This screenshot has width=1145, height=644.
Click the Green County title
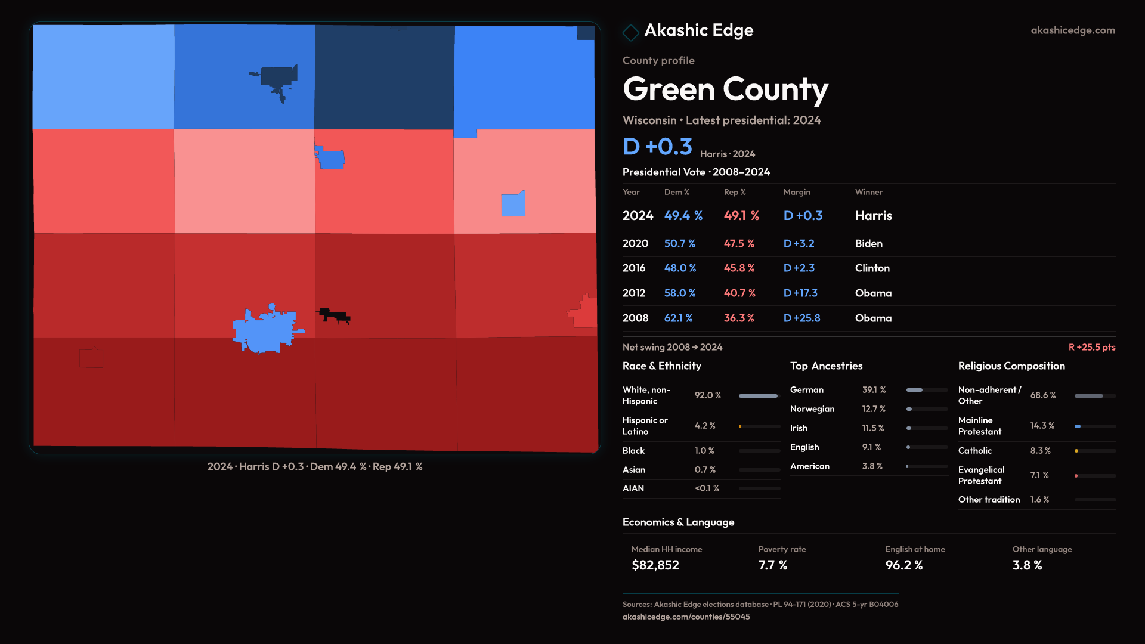point(725,89)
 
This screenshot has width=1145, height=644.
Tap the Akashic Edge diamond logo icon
point(630,32)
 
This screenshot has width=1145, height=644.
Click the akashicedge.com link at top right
point(1073,30)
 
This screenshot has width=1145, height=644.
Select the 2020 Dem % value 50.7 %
point(679,244)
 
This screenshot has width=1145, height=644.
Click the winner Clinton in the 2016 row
point(872,268)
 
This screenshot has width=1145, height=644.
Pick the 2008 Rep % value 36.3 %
point(739,318)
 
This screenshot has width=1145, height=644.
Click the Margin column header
point(797,192)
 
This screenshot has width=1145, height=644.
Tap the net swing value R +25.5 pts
point(1091,347)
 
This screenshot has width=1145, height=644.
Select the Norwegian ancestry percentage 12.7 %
point(874,409)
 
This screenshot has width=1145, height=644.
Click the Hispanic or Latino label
point(645,426)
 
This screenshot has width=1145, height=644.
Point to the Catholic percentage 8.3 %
point(1040,451)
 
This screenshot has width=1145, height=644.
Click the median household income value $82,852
point(655,565)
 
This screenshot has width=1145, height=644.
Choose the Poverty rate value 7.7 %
point(772,565)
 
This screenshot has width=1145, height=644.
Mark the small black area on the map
point(334,315)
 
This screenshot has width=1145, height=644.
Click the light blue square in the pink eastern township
point(513,205)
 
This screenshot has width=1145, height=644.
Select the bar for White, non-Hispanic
point(759,396)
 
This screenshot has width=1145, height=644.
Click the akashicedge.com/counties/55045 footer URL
point(686,617)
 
